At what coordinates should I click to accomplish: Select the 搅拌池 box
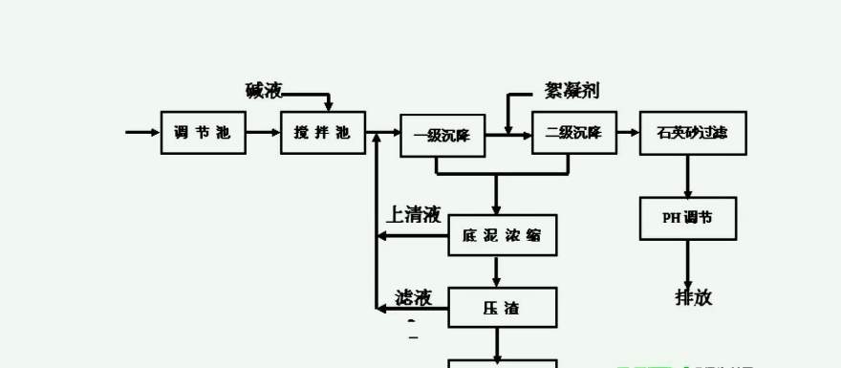(322, 133)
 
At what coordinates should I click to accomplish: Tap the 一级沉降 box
(442, 136)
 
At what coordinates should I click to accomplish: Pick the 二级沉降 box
(573, 133)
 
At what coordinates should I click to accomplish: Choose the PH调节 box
(687, 218)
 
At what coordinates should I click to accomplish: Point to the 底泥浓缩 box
(502, 235)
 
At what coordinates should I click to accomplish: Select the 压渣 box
(502, 308)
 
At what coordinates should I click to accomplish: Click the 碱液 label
(264, 91)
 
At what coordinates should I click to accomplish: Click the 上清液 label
(413, 214)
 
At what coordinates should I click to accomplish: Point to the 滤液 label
(414, 298)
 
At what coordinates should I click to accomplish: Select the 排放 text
(694, 296)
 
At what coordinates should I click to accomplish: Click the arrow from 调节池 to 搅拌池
(263, 133)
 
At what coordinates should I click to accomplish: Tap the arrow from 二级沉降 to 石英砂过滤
(628, 133)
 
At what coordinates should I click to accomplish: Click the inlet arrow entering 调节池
(143, 132)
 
